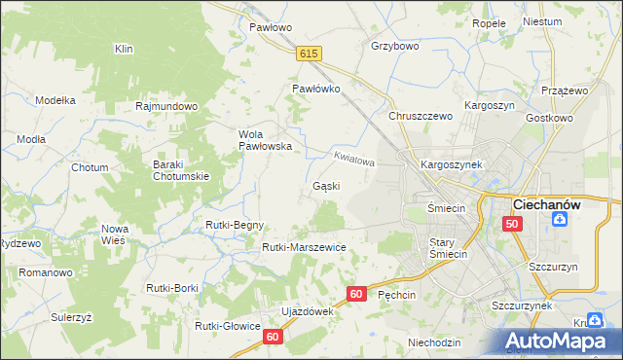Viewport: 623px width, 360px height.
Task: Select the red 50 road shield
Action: tap(513, 224)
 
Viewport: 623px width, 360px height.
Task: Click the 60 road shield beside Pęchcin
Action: tap(356, 293)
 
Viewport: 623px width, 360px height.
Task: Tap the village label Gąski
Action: tap(326, 185)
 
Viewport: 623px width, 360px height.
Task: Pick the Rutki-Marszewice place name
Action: tap(304, 247)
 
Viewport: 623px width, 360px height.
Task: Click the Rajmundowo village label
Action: tap(167, 106)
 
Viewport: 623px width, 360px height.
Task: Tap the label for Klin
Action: tap(124, 49)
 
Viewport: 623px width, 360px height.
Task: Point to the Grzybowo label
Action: tap(394, 46)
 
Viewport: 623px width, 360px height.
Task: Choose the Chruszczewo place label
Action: tap(421, 116)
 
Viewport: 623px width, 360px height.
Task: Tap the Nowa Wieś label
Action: tap(115, 234)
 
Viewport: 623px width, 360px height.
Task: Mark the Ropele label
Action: tap(489, 23)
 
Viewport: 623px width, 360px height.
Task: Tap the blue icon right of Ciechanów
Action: tap(561, 220)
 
